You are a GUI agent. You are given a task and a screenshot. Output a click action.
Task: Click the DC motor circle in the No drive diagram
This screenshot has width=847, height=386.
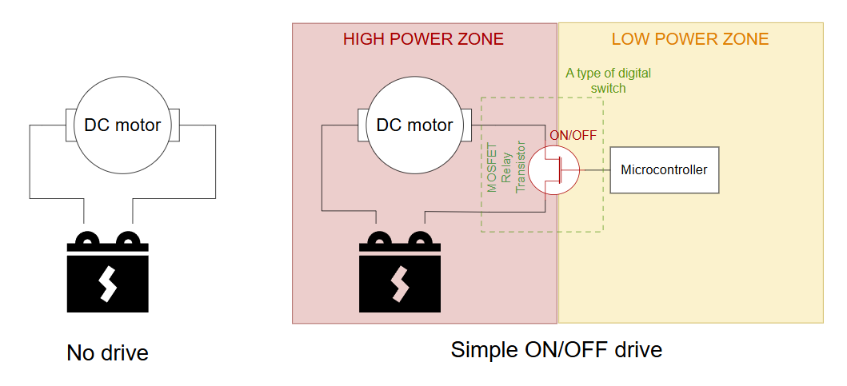(x=122, y=125)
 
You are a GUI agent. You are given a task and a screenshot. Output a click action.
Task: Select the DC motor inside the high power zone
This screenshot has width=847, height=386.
(x=414, y=125)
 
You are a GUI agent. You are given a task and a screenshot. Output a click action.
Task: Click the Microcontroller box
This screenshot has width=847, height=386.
(x=664, y=169)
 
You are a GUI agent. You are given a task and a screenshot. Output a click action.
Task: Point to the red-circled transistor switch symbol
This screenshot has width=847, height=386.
(x=557, y=169)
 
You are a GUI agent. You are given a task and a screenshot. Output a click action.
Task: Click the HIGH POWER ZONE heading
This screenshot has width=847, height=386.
(x=423, y=39)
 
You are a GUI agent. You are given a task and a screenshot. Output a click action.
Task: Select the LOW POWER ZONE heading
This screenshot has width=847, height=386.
(x=689, y=39)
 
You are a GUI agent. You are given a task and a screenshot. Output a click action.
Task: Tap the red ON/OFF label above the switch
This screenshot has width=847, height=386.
(x=573, y=135)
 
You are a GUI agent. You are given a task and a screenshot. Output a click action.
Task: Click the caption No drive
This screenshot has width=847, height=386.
(x=107, y=352)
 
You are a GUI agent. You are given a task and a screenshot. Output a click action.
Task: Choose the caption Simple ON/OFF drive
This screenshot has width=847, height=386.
(x=556, y=349)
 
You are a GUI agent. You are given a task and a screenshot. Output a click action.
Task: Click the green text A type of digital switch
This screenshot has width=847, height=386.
(x=608, y=80)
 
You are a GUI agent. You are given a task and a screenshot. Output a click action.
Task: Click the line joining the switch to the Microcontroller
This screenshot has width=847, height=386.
(x=596, y=169)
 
